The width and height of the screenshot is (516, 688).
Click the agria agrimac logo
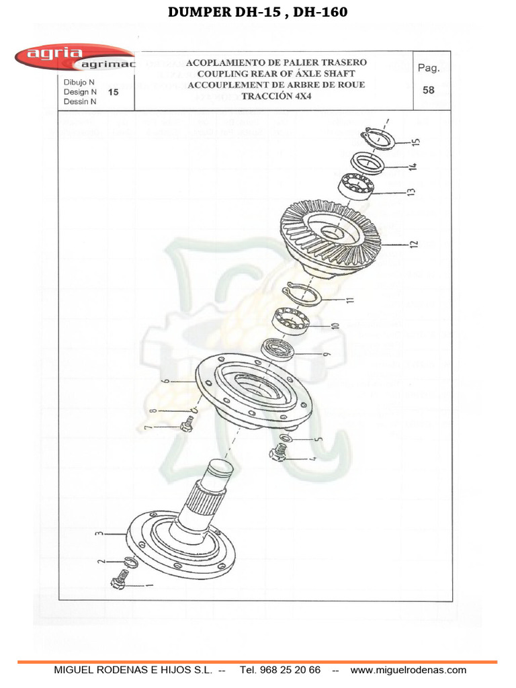click(x=74, y=58)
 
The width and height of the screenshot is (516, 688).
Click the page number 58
click(x=429, y=90)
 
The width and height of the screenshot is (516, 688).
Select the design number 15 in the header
click(x=113, y=92)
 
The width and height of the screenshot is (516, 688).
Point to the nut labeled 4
click(x=277, y=454)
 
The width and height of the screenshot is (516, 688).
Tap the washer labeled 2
click(x=130, y=562)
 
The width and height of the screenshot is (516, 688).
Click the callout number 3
click(x=99, y=534)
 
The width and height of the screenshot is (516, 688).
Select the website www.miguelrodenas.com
click(x=408, y=670)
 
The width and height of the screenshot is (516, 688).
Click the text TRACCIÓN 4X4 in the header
click(x=276, y=95)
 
